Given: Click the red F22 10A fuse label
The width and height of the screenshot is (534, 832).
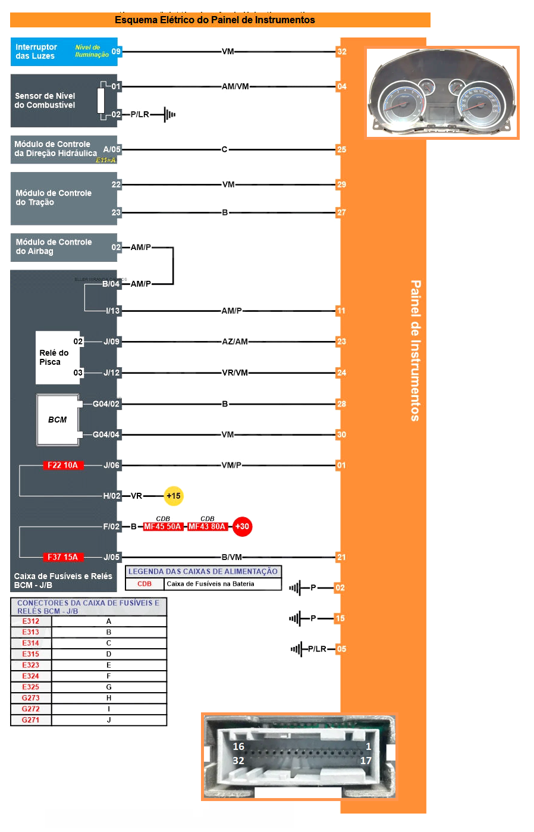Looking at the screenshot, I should tap(62, 465).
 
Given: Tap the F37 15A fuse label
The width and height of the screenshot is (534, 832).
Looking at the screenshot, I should tap(62, 557).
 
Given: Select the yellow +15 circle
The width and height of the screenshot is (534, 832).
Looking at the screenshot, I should tap(173, 496).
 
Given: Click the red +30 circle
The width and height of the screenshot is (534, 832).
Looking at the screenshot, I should tap(242, 526).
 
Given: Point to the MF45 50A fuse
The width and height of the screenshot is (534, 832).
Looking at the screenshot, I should tap(162, 527).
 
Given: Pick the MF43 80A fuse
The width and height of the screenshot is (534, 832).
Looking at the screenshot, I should tap(207, 527).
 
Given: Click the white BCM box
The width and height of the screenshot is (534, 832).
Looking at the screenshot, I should tap(58, 420).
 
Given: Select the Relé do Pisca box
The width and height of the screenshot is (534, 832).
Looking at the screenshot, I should tap(57, 357).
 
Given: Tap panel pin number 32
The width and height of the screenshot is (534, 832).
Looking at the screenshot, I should tap(341, 52).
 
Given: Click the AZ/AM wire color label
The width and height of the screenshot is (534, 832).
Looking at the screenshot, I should tap(235, 342).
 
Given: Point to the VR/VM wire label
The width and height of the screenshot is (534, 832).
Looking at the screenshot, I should tap(235, 373).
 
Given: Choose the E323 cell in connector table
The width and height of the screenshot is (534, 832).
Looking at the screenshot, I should tap(31, 665).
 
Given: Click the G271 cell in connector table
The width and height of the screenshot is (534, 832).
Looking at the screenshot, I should tap(31, 720).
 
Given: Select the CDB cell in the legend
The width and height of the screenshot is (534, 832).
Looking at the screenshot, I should tap(145, 584).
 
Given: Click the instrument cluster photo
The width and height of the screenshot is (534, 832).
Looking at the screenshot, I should tap(442, 93).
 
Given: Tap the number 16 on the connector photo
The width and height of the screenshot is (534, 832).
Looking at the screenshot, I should tap(238, 746).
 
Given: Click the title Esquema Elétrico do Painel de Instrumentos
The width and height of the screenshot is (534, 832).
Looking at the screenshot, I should tap(215, 20).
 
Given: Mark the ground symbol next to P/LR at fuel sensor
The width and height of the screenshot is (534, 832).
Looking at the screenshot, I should tap(169, 114).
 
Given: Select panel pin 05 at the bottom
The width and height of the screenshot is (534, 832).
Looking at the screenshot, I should tap(341, 649).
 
